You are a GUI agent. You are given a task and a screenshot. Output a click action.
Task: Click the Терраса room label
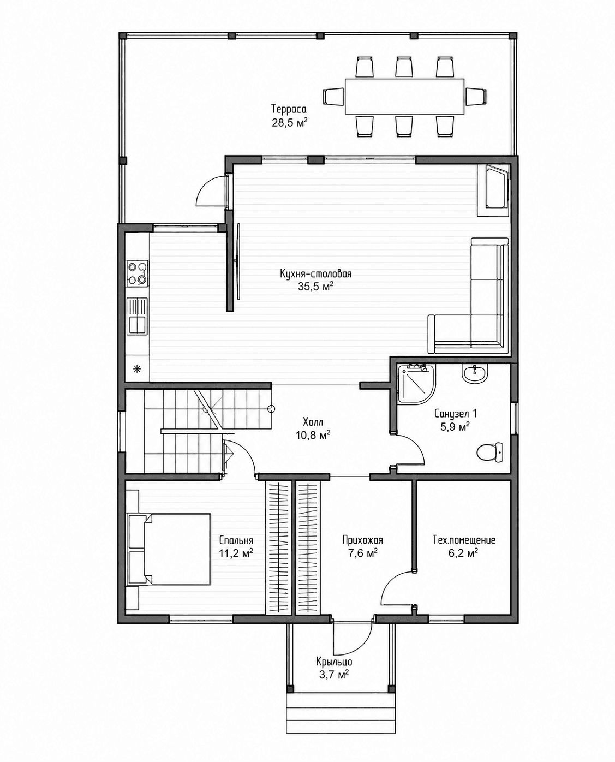pyautogui.click(x=289, y=109)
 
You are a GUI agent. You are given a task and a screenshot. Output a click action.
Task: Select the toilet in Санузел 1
pyautogui.click(x=490, y=452)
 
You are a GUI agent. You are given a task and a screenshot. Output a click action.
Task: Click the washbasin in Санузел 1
pyautogui.click(x=474, y=374)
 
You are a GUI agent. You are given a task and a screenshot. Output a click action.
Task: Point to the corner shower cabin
pyautogui.click(x=417, y=385)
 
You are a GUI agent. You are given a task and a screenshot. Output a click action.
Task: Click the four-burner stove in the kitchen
pyautogui.click(x=138, y=273)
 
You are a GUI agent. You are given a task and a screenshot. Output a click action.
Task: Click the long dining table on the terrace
pyautogui.click(x=404, y=96)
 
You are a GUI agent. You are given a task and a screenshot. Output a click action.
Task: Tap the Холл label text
pyautogui.click(x=313, y=422)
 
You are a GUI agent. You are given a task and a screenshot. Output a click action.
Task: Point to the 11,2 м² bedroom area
pyautogui.click(x=236, y=553)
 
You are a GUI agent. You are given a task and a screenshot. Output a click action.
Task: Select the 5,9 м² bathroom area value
pyautogui.click(x=455, y=427)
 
